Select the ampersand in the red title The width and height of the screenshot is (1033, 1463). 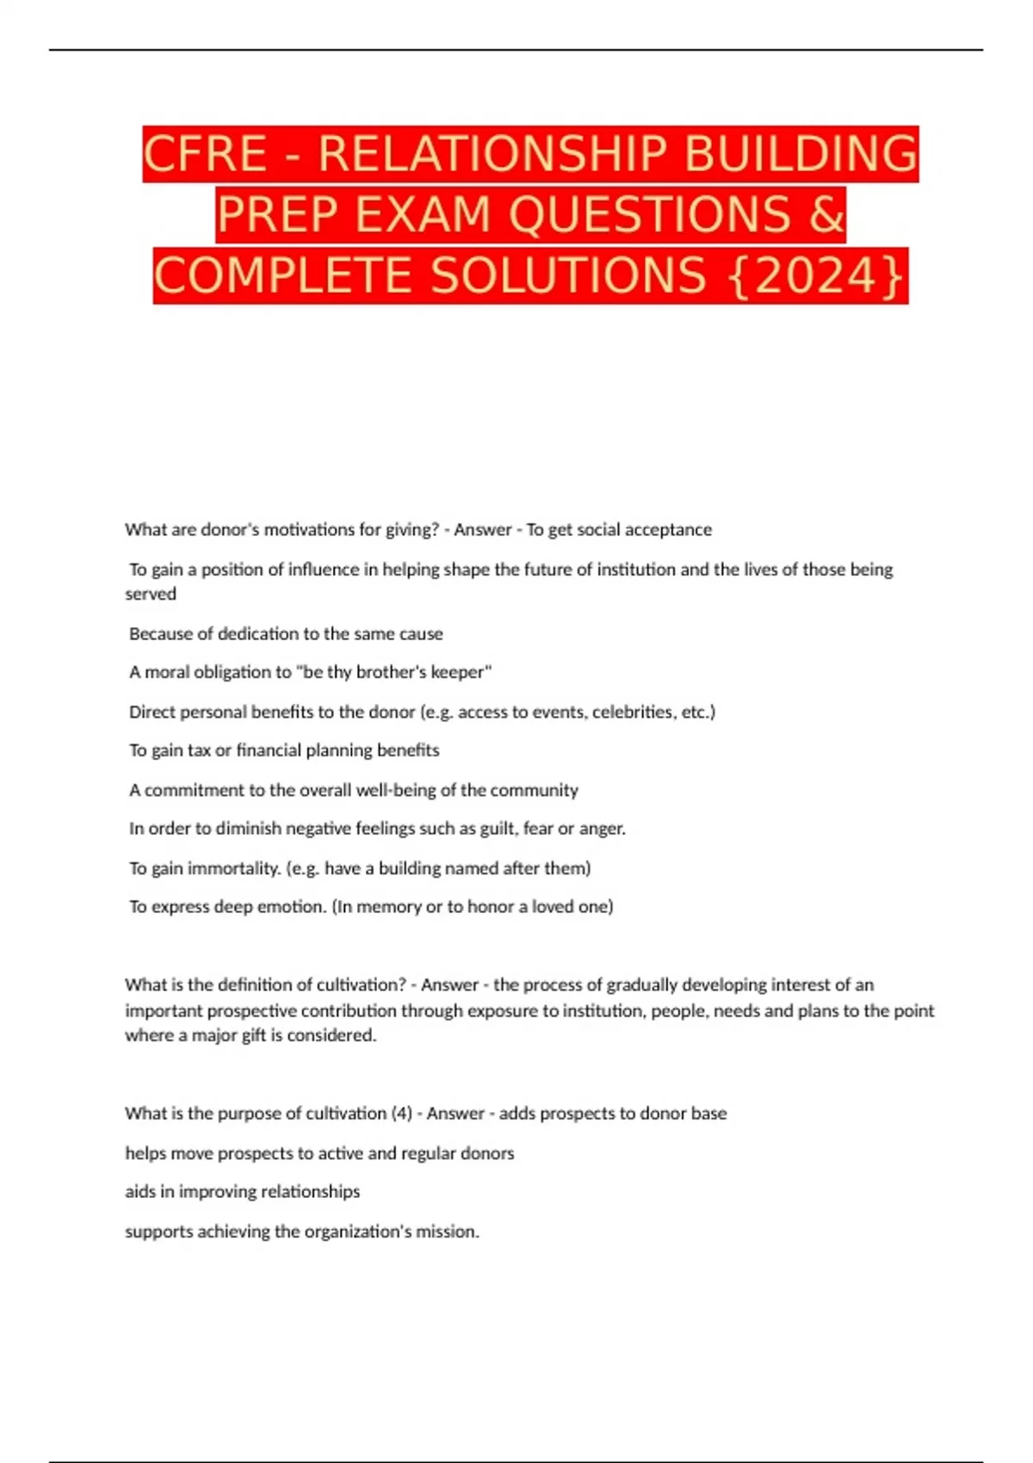[x=827, y=215]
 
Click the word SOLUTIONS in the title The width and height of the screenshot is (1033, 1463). [x=568, y=277]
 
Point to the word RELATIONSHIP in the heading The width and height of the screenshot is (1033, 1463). [x=493, y=155]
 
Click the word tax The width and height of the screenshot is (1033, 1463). [x=199, y=750]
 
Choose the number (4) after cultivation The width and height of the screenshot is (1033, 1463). [x=401, y=1114]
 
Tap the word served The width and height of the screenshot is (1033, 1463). [x=151, y=594]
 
